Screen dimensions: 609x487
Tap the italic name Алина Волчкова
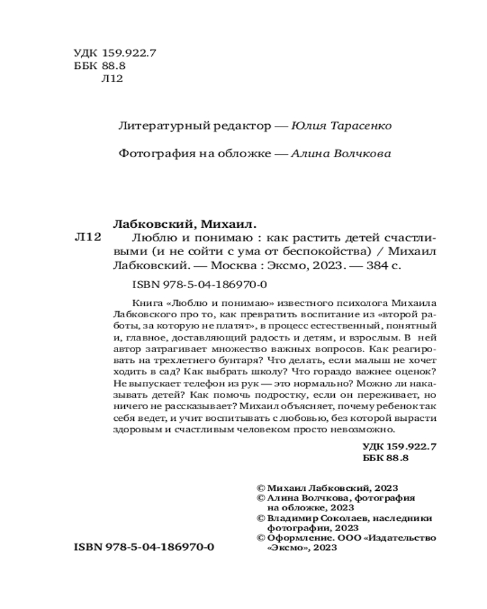tap(342, 154)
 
